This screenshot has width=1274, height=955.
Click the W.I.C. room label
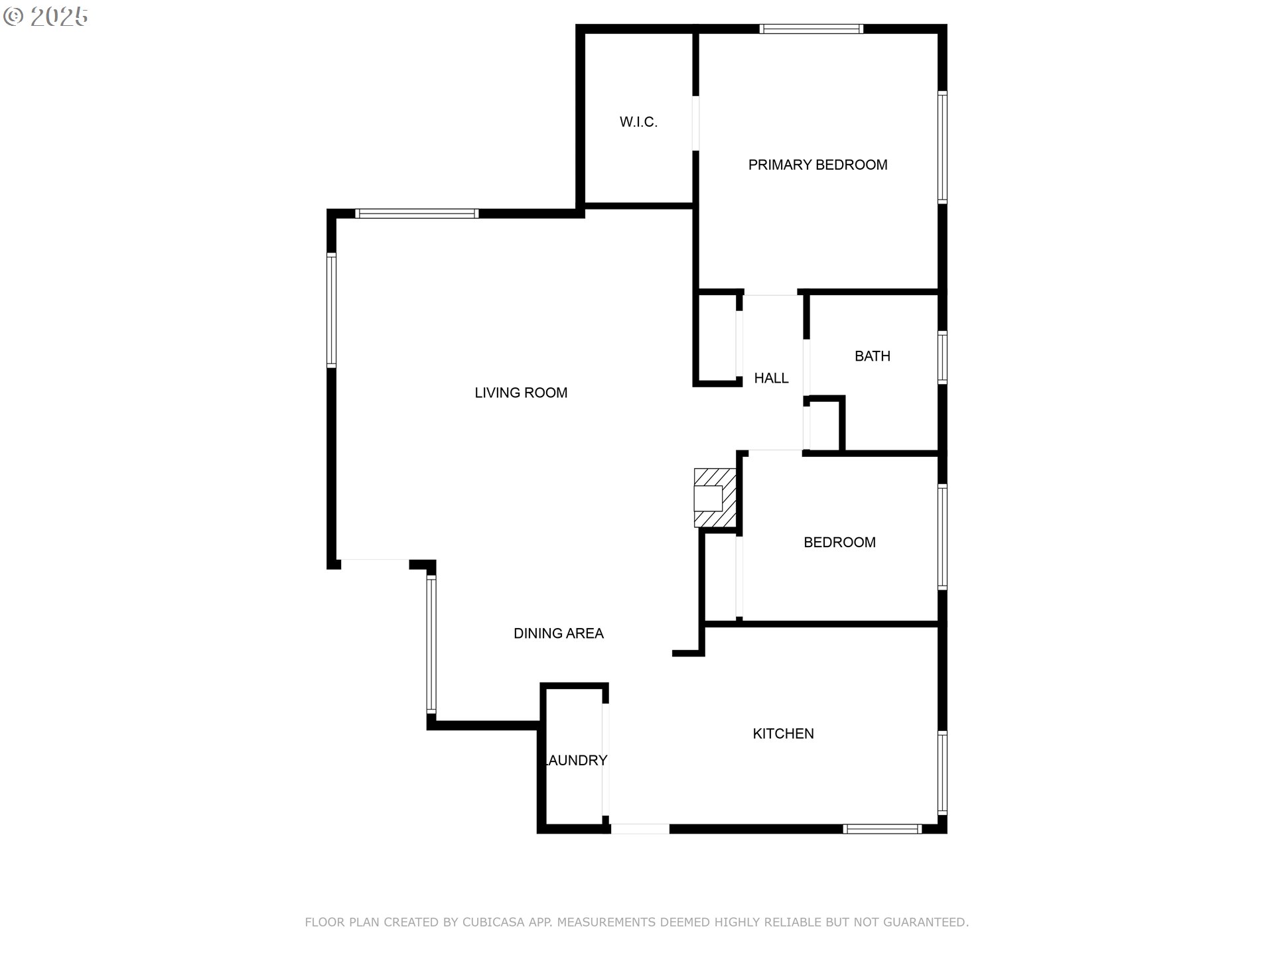638,122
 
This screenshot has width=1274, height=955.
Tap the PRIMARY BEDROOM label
817,165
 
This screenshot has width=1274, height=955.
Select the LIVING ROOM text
521,393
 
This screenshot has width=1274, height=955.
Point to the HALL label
771,378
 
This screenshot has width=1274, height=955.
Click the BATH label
872,356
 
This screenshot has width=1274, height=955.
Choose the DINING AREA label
558,633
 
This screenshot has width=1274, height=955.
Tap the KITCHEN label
783,733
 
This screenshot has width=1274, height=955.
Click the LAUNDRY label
575,761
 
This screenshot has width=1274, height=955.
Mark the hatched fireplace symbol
715,498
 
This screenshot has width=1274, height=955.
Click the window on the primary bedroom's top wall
811,29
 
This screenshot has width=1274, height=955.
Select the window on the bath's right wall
942,357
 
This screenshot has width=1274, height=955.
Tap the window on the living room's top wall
417,214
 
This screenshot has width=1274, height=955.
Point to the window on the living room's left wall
331,310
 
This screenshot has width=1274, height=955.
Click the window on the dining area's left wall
431,644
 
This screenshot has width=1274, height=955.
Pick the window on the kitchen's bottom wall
882,829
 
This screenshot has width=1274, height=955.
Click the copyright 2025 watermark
46,17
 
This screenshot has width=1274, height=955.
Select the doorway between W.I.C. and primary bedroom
695,123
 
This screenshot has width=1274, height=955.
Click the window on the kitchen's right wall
942,773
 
